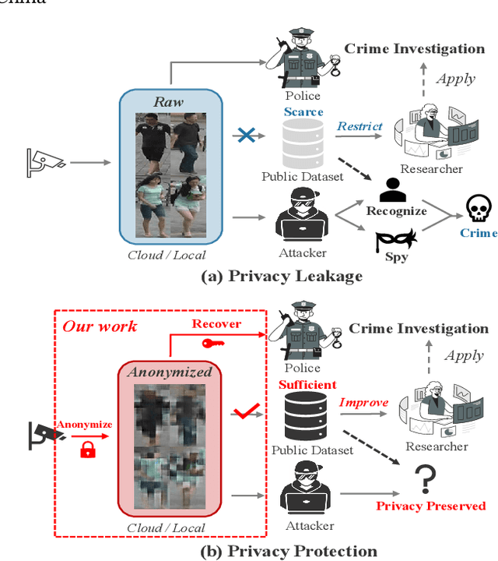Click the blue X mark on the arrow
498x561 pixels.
(x=246, y=136)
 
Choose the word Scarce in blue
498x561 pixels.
(x=303, y=112)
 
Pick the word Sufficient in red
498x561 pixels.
(x=307, y=385)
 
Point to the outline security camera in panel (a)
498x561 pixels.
(x=45, y=161)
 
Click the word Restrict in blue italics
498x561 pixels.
(x=359, y=126)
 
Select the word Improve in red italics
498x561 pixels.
(x=363, y=403)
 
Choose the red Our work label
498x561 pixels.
(x=100, y=326)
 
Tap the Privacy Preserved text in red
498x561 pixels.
(x=430, y=506)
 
